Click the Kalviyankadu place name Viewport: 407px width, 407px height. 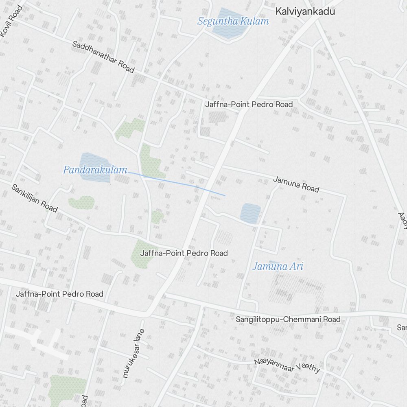(305, 11)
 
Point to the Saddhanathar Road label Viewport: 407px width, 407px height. (103, 57)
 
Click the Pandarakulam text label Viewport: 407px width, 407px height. (95, 170)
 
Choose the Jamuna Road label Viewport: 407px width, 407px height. (296, 184)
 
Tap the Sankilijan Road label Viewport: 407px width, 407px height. (34, 198)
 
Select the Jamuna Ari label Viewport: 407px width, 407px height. (278, 267)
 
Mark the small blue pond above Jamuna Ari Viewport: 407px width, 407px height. (250, 213)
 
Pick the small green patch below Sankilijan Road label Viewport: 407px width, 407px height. (81, 202)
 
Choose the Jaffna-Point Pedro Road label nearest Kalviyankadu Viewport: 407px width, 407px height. (249, 105)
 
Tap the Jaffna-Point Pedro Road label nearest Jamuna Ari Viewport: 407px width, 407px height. (184, 253)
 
